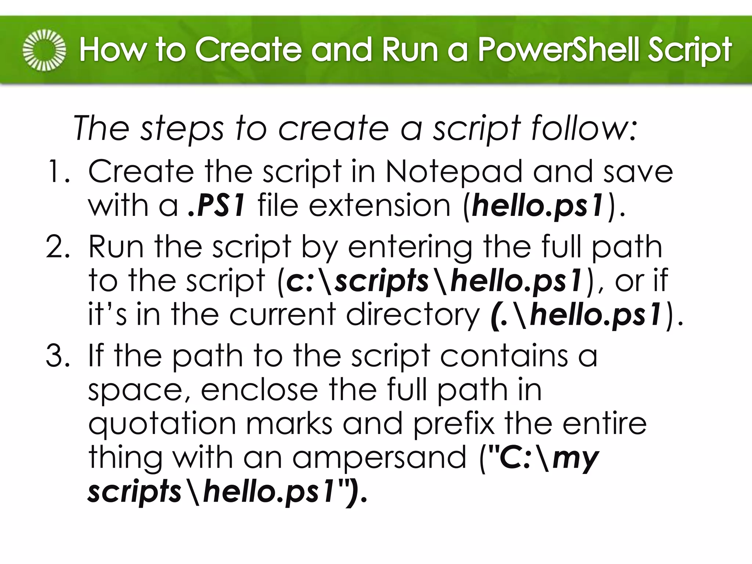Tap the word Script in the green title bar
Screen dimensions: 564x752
pos(689,50)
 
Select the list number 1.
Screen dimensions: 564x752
pos(58,172)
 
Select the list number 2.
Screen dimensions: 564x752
pos(58,247)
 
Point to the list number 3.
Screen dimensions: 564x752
pos(58,356)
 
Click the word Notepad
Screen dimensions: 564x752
pos(453,172)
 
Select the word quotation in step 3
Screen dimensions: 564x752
pos(162,424)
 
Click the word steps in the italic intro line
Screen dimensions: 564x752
pos(182,129)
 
